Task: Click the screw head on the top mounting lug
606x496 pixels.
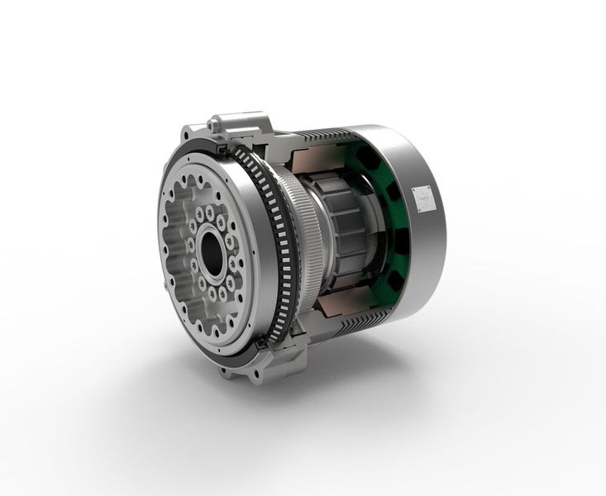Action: tap(217, 124)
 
